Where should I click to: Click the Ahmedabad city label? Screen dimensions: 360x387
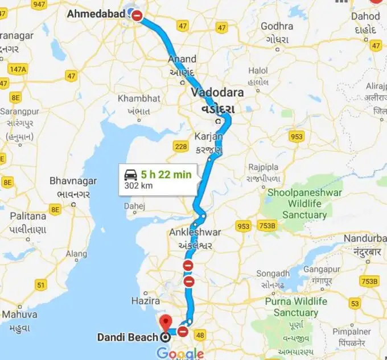tap(96, 13)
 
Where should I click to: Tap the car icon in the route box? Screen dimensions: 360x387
tap(131, 175)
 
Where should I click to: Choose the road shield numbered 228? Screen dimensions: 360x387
tap(180, 147)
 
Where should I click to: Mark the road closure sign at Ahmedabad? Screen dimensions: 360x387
tap(138, 15)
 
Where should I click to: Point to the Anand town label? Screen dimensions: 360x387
tap(182, 59)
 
